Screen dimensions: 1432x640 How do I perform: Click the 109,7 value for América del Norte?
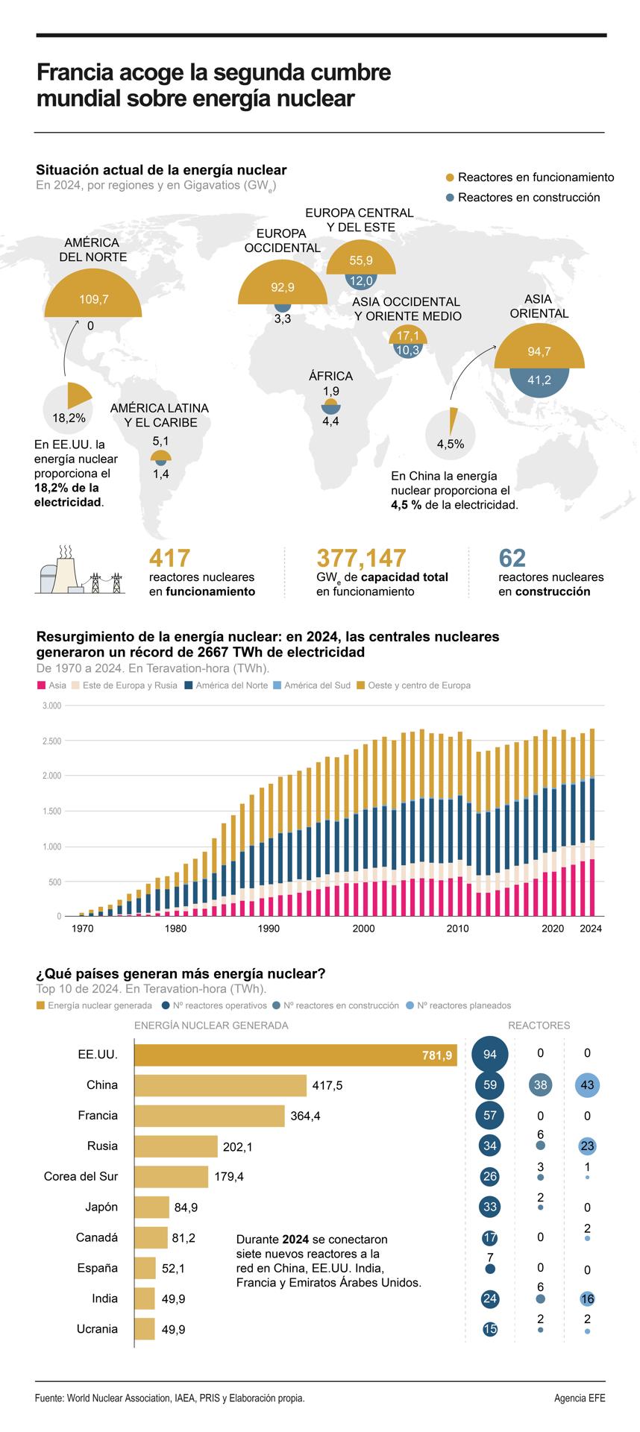point(94,299)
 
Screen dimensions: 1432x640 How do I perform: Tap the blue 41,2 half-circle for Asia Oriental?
point(539,380)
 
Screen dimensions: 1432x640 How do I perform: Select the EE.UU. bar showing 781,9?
point(295,1055)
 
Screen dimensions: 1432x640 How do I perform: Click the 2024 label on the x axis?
point(591,929)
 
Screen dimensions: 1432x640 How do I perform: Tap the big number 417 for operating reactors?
point(170,558)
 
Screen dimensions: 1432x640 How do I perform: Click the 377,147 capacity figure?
point(362,558)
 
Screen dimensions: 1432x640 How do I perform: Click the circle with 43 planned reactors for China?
point(587,1085)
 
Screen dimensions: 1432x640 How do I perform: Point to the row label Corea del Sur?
point(81,1176)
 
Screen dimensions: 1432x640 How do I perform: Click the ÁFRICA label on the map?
point(330,376)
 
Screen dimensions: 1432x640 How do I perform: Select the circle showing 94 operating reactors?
point(489,1054)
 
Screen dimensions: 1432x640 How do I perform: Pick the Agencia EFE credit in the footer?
point(580,1398)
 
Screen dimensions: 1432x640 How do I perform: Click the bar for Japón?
point(152,1207)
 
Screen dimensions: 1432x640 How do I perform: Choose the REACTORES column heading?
point(539,1026)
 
